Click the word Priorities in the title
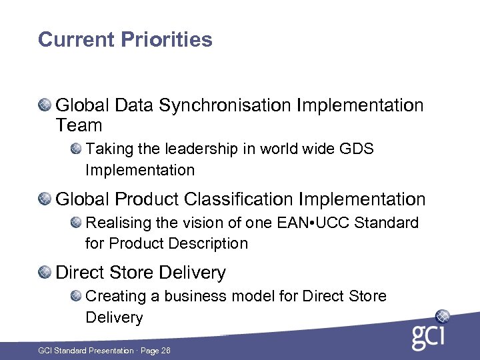[x=167, y=39]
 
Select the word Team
[x=79, y=125]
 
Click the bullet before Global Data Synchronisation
[x=45, y=105]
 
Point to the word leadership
[x=187, y=149]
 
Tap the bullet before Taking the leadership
[x=76, y=148]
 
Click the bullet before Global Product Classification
[x=45, y=199]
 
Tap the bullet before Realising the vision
[x=76, y=222]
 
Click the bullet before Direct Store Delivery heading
[x=45, y=272]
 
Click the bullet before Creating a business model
[x=76, y=295]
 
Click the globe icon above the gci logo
[x=442, y=316]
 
